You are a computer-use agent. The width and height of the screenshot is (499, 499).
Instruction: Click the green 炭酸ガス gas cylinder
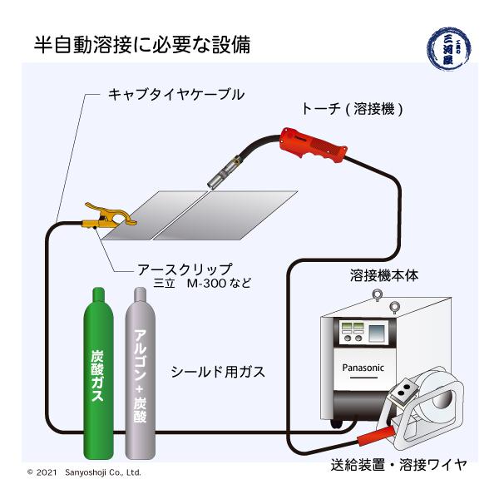[x=98, y=374]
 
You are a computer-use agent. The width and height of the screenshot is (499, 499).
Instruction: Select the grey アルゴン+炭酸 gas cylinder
[x=140, y=374]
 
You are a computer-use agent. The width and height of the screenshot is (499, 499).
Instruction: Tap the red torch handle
[x=313, y=146]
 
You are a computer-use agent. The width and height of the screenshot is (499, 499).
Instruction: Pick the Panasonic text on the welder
[x=363, y=368]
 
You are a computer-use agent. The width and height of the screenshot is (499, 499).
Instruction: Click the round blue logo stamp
[x=449, y=48]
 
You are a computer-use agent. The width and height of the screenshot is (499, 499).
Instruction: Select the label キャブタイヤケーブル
[x=176, y=95]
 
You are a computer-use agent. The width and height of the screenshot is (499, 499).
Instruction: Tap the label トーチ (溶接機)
[x=352, y=109]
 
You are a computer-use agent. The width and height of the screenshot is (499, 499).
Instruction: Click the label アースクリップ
[x=185, y=269]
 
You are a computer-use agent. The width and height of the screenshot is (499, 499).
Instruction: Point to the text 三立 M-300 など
[x=202, y=283]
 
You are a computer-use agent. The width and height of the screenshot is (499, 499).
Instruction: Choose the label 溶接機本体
[x=384, y=275]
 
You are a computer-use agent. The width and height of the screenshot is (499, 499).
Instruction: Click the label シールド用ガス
[x=218, y=372]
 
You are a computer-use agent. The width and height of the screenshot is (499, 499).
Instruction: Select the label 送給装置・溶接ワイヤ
[x=398, y=465]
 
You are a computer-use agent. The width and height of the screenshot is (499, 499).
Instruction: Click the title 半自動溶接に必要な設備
[x=142, y=45]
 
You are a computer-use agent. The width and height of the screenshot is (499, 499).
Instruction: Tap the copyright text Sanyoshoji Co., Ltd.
[x=103, y=472]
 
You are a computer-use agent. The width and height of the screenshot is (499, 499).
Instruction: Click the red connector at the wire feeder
[x=376, y=436]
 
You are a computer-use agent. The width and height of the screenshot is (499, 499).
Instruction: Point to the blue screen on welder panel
[x=377, y=333]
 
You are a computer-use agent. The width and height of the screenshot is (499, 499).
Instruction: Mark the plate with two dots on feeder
[x=405, y=390]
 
